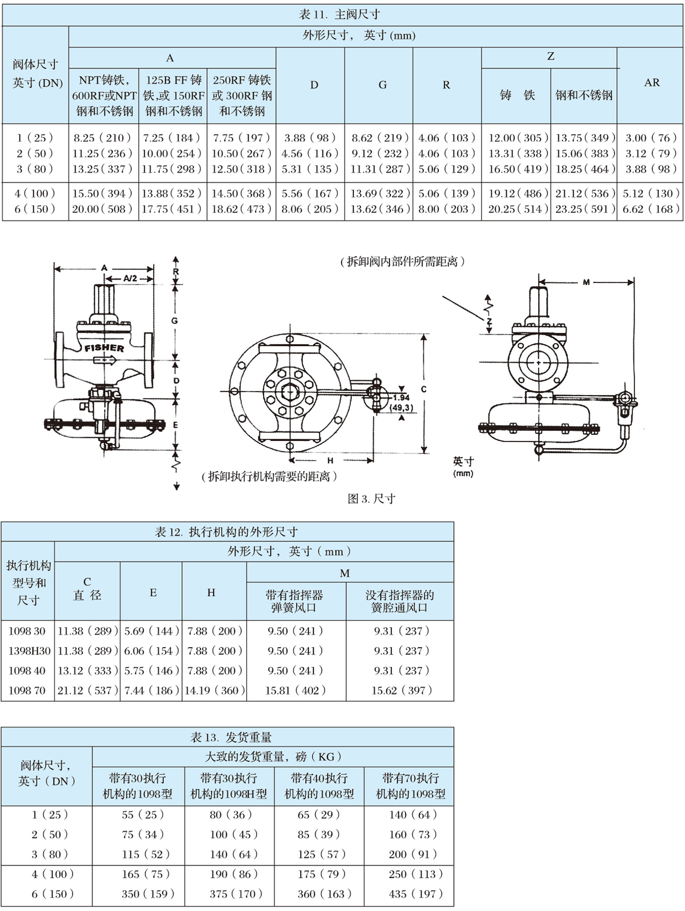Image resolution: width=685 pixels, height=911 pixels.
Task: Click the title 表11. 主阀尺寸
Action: pos(339,14)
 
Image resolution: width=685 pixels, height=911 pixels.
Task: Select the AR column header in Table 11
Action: pos(652,82)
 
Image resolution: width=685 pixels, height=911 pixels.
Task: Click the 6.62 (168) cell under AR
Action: pos(651,209)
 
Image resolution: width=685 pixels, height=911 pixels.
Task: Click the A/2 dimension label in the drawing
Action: pos(130,278)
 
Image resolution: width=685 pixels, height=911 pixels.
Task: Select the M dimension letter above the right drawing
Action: pos(586,282)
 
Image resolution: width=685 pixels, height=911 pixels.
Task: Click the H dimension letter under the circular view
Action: pos(330,460)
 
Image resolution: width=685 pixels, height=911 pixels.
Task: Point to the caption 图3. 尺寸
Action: pos(371,498)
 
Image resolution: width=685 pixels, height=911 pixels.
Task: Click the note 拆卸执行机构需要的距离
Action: pos(269,477)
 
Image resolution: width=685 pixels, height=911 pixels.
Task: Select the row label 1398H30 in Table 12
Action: pos(29,651)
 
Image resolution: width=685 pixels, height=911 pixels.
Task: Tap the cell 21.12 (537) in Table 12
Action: pos(88,690)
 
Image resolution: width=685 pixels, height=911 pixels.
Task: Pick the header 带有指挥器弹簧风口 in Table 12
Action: pos(294,601)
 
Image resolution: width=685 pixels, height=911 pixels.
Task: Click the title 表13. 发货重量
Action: pos(231,737)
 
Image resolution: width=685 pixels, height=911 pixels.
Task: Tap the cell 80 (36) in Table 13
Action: pos(230,815)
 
